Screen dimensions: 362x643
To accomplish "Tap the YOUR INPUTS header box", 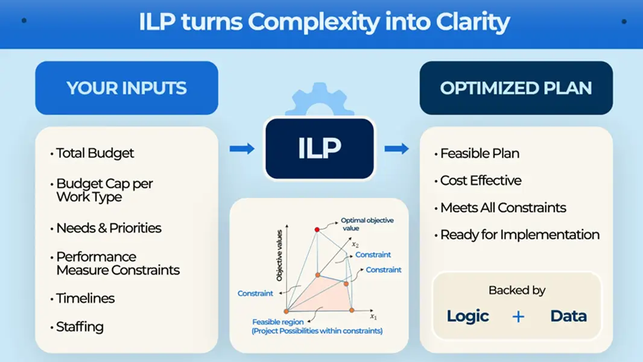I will tap(127, 88).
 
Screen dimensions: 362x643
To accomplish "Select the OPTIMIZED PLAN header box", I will tap(516, 88).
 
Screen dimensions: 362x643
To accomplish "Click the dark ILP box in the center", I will tap(320, 148).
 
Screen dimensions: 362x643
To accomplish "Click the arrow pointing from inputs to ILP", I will tap(242, 148).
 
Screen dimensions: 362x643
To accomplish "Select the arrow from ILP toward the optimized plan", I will tap(396, 148).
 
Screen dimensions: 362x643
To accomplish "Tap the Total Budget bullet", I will tap(95, 153).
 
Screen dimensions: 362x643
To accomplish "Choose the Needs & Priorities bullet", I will tap(109, 228).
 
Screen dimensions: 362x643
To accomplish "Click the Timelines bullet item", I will tap(85, 298).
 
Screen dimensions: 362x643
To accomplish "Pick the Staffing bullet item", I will tap(80, 327).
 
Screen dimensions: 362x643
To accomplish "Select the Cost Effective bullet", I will tap(481, 180).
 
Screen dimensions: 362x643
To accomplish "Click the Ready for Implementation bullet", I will tap(519, 235).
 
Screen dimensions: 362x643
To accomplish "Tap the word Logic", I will tap(467, 316).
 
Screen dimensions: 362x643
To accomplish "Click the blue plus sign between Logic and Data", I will tap(518, 316).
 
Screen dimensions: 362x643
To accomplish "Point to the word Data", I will tap(568, 316).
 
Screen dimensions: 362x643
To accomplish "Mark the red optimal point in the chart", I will tap(317, 229).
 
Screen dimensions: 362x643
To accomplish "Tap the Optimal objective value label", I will tap(367, 224).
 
